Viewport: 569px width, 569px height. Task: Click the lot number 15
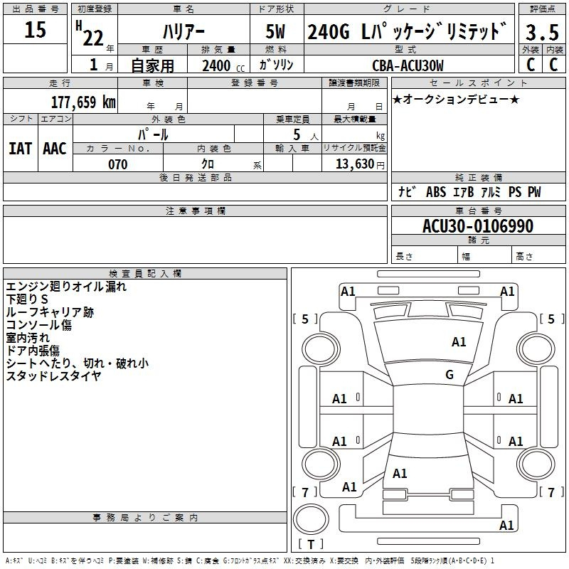(x=35, y=30)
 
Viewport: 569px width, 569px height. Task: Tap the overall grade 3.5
(x=542, y=32)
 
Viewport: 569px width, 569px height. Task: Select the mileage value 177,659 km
(x=83, y=102)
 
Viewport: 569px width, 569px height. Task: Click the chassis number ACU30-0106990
(x=478, y=226)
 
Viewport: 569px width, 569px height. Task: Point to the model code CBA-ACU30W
(x=408, y=65)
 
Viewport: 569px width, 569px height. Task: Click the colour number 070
(x=118, y=164)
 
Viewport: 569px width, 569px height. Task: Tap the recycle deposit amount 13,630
(x=355, y=164)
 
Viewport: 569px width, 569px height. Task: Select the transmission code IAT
(x=20, y=149)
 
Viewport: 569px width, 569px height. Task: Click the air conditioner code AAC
(x=55, y=149)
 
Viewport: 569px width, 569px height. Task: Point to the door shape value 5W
(x=275, y=31)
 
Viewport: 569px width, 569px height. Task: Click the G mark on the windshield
(x=450, y=375)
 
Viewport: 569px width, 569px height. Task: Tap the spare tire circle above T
(x=311, y=519)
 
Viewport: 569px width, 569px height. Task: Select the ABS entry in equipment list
(x=436, y=192)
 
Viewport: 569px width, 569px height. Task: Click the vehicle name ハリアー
(x=184, y=31)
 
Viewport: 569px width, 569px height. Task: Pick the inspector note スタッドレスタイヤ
(x=53, y=376)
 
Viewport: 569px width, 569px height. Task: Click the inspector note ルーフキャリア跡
(x=50, y=312)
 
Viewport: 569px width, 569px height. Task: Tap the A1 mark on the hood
(x=458, y=342)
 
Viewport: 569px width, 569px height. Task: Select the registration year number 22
(x=93, y=38)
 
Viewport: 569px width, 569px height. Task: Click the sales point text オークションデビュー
(x=456, y=100)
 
